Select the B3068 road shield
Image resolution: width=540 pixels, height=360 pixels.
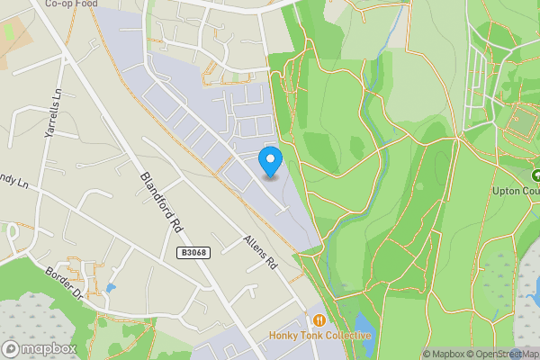click(x=193, y=253)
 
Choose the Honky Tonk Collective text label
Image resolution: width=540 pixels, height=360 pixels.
click(x=319, y=336)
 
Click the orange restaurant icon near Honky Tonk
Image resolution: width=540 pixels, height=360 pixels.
click(x=319, y=320)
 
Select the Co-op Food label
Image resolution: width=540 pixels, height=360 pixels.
click(x=69, y=4)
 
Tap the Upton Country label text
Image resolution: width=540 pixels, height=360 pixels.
click(x=516, y=191)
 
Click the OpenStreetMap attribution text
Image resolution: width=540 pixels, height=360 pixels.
click(x=505, y=354)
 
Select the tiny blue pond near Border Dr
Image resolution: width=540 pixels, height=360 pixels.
click(x=110, y=289)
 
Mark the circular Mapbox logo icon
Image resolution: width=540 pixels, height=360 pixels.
click(x=12, y=348)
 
